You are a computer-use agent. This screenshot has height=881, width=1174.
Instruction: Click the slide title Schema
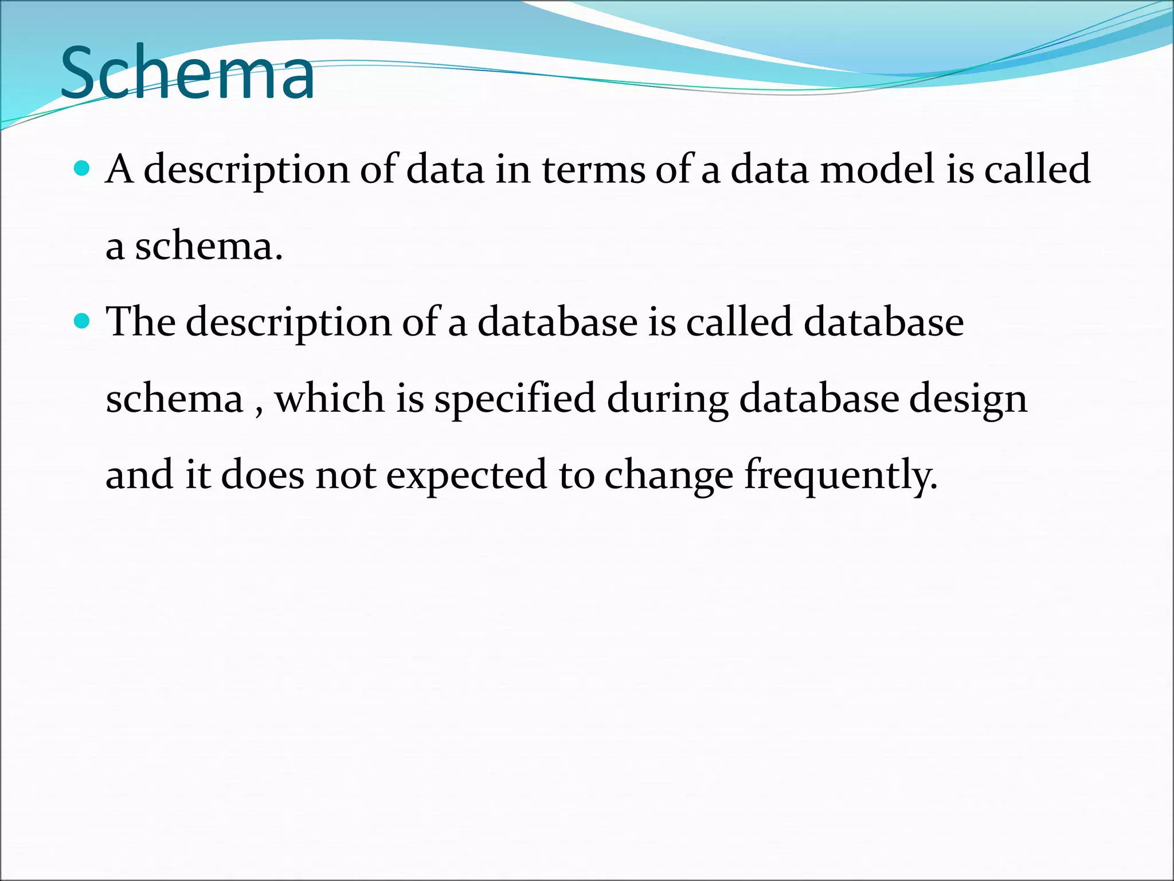pos(187,73)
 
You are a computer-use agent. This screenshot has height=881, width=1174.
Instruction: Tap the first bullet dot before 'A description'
pos(83,168)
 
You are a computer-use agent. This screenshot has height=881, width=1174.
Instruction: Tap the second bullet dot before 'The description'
pos(83,321)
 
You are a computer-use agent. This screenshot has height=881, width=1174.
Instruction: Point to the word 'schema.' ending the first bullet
pos(209,247)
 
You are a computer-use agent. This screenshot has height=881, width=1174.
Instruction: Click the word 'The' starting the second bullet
pos(140,322)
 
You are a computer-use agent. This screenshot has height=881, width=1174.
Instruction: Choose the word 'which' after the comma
pos(329,398)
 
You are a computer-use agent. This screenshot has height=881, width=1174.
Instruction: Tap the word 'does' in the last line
pos(262,475)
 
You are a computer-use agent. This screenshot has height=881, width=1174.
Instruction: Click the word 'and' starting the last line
pos(139,475)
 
